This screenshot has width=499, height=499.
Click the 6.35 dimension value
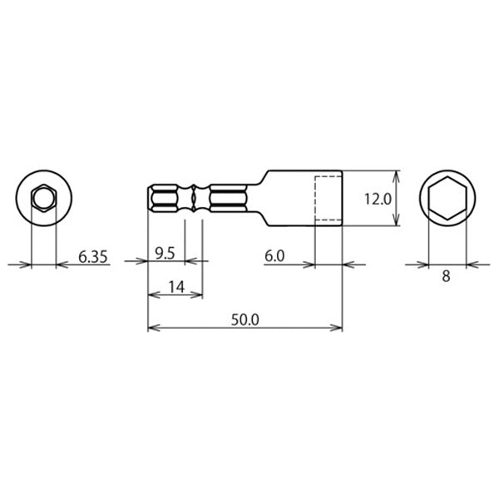pos(93,257)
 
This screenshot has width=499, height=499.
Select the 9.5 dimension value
pos(165,254)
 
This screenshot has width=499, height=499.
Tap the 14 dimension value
pos(176,288)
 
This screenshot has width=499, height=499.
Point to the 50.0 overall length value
pos(245,320)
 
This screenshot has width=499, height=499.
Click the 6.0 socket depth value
pos(274,256)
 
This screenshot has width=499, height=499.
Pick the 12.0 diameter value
pos(378,200)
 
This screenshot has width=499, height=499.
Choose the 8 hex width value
pos(446,276)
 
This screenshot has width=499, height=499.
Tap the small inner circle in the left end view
pos(44,190)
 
